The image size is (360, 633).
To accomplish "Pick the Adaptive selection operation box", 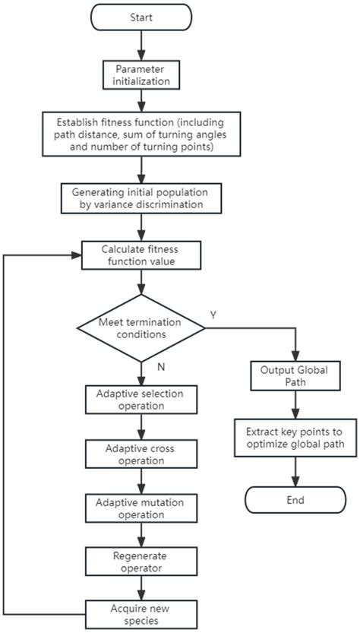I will [141, 400].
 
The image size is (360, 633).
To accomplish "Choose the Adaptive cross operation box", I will [141, 454].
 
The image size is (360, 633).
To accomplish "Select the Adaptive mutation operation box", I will [141, 508].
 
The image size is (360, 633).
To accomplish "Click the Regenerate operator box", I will [141, 561].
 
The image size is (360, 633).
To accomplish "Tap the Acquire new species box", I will [141, 612].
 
